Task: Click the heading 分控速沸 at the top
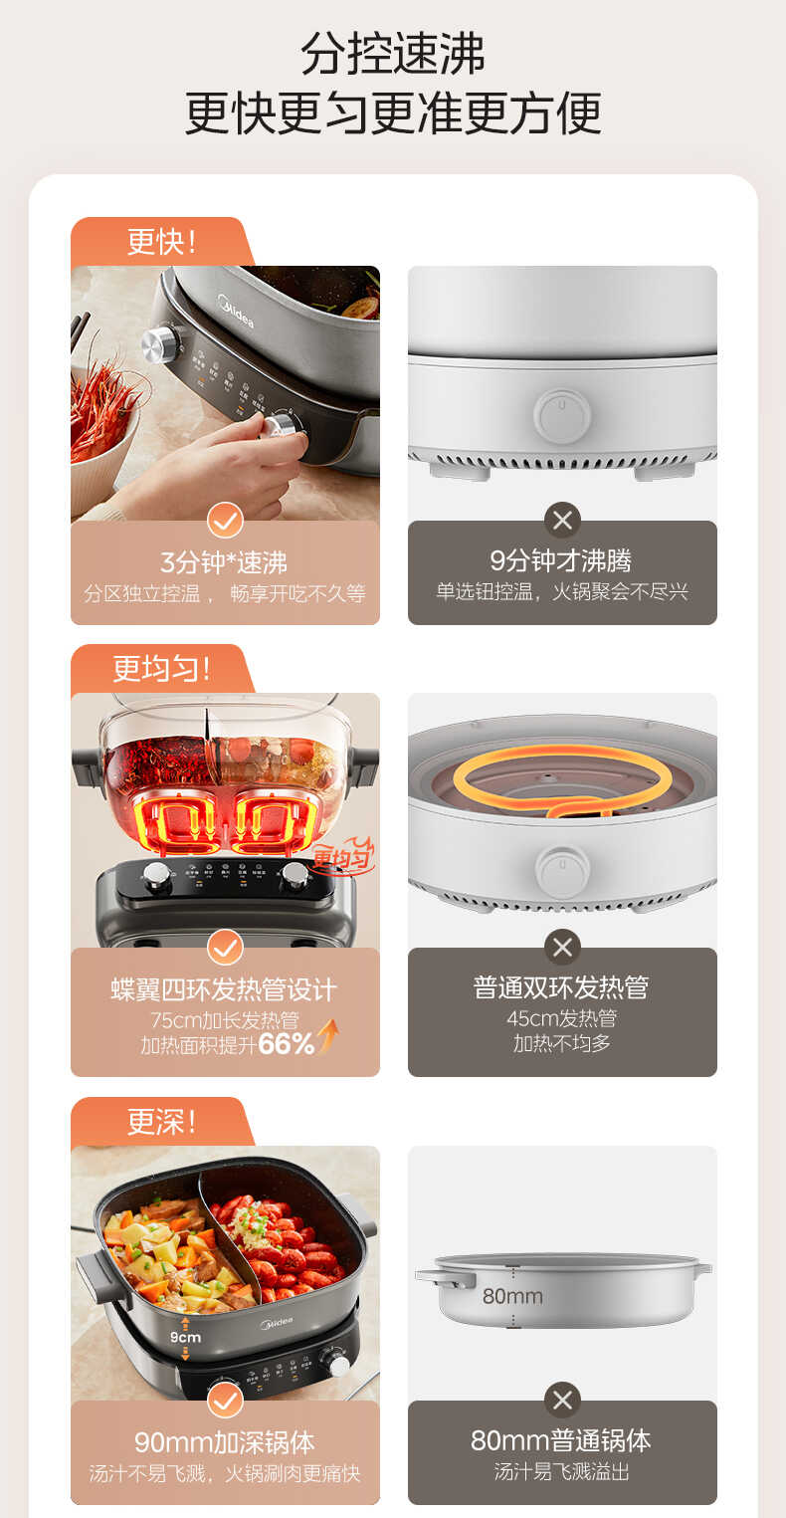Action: pyautogui.click(x=392, y=54)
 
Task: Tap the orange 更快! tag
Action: pyautogui.click(x=160, y=242)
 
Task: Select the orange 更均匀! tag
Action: pyautogui.click(x=160, y=669)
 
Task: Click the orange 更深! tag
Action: pyautogui.click(x=160, y=1122)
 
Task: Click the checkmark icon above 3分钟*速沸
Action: pyautogui.click(x=225, y=520)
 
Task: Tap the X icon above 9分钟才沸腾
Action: pyautogui.click(x=562, y=520)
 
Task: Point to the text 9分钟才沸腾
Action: pyautogui.click(x=561, y=560)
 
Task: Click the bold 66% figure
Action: pyautogui.click(x=286, y=1044)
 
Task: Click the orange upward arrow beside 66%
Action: pyautogui.click(x=327, y=1041)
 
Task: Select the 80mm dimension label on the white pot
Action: pyautogui.click(x=512, y=1296)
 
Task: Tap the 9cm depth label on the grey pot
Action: pyautogui.click(x=185, y=1337)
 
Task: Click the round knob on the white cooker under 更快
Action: pyautogui.click(x=562, y=415)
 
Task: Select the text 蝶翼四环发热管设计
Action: pyautogui.click(x=224, y=989)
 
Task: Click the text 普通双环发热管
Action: pyautogui.click(x=561, y=987)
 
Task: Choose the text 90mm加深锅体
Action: pyautogui.click(x=224, y=1442)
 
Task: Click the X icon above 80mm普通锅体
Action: pyautogui.click(x=562, y=1401)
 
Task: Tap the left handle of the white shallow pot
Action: pyautogui.click(x=445, y=1277)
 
